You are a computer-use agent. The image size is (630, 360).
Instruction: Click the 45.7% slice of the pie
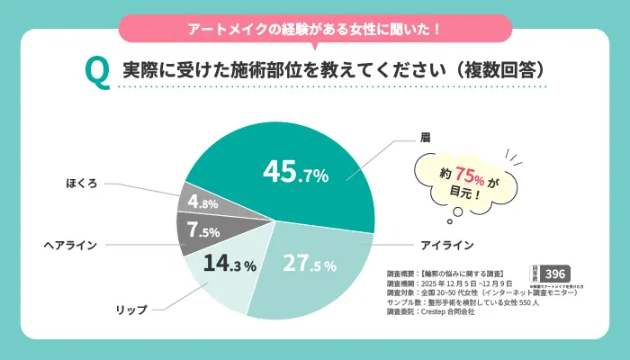pos(297,171)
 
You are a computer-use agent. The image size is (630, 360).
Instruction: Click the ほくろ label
pos(85,182)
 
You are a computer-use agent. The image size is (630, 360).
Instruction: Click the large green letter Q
pos(96,72)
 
